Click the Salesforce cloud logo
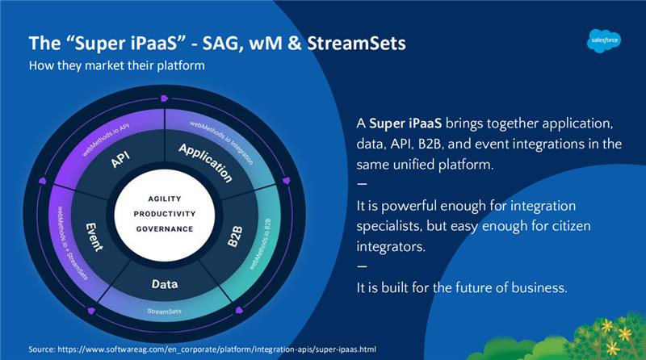[x=604, y=40]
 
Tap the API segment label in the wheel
[x=120, y=159]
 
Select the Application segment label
[x=206, y=163]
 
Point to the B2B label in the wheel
[x=235, y=237]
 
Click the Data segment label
[x=165, y=284]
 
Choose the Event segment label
[x=94, y=237]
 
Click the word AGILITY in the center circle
[x=165, y=199]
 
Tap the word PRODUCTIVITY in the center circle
[x=165, y=214]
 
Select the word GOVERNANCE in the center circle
[x=165, y=229]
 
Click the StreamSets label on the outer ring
[x=164, y=311]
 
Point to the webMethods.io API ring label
[x=106, y=139]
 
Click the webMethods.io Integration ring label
[x=221, y=143]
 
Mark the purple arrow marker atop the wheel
[x=165, y=98]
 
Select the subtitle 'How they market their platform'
[x=116, y=65]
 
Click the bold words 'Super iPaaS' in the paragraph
[x=405, y=123]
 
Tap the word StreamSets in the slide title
[x=356, y=44]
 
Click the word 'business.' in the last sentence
[x=539, y=287]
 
